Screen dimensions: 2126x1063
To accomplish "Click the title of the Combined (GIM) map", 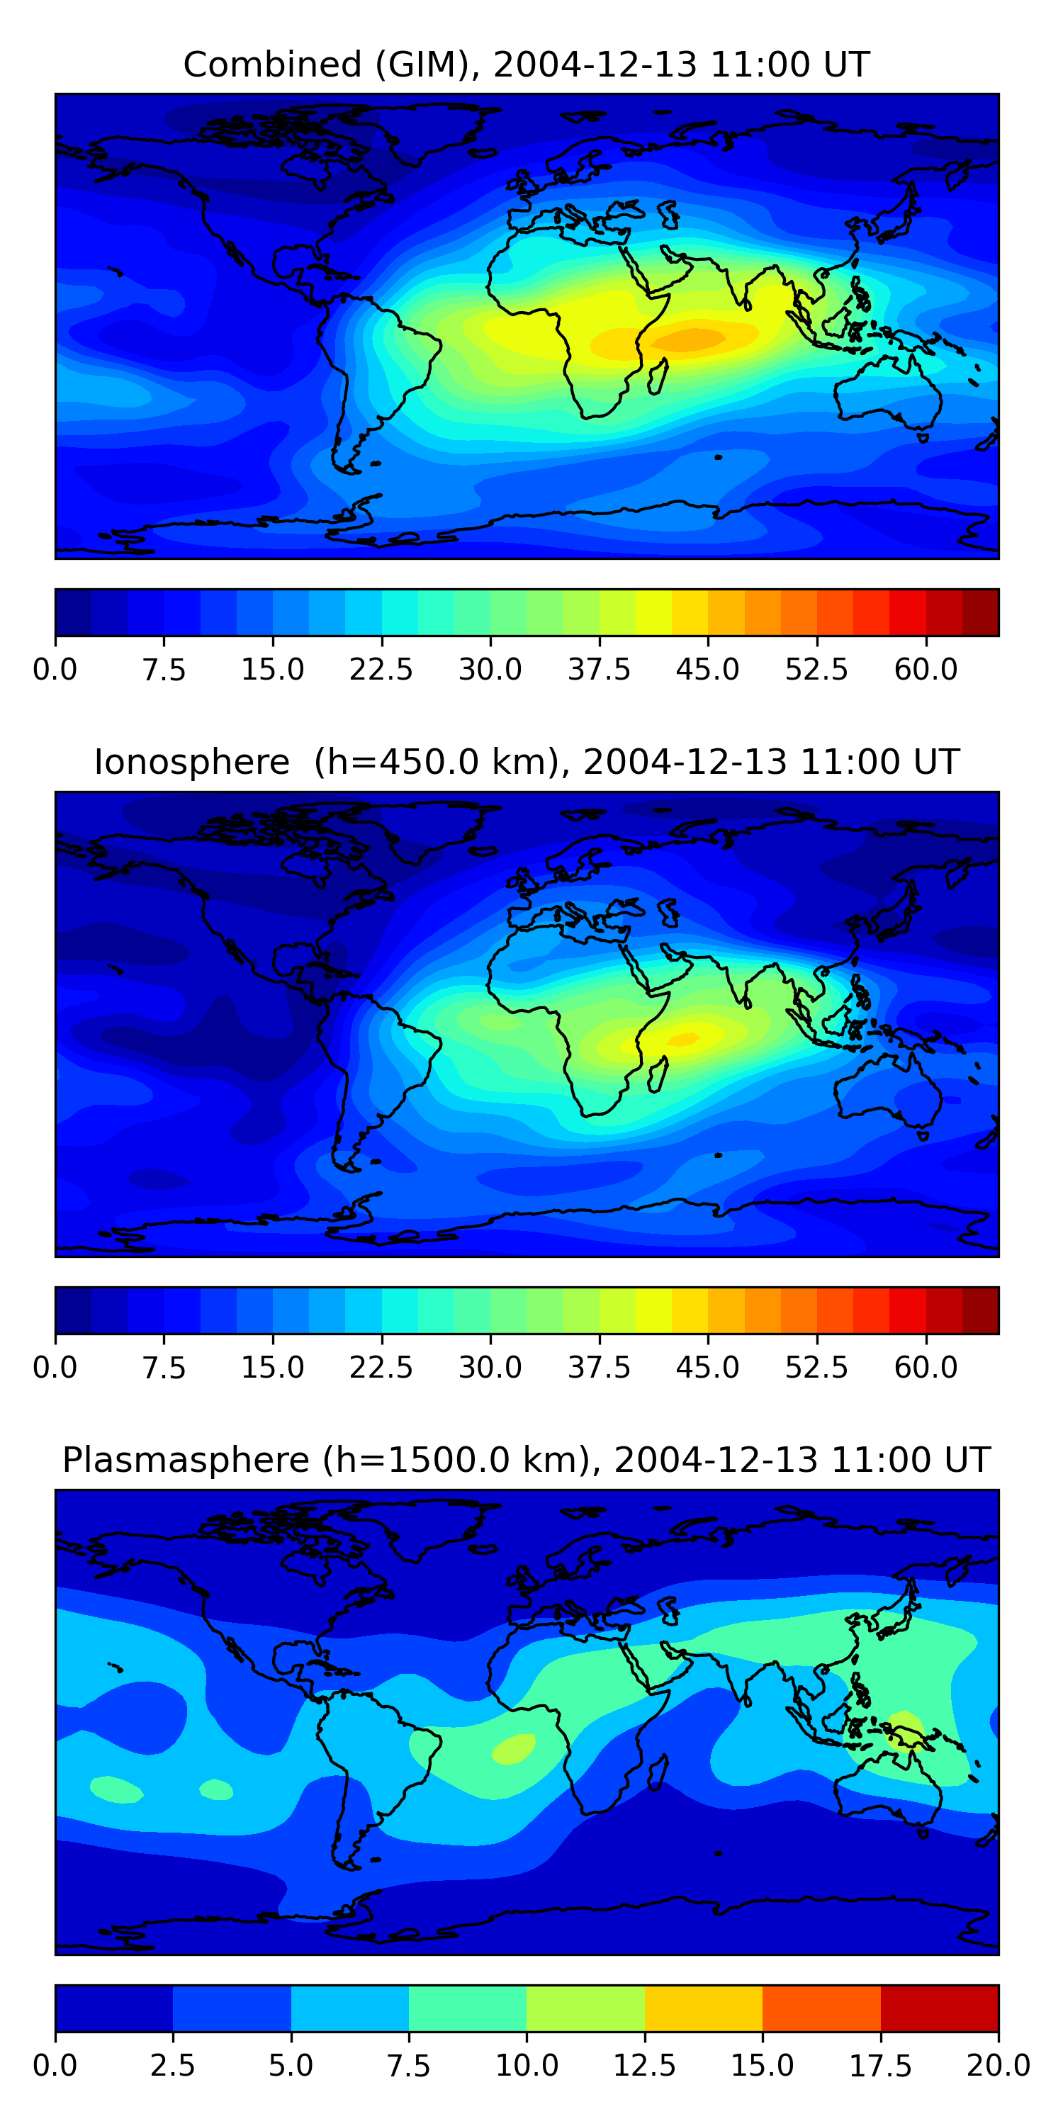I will tap(527, 64).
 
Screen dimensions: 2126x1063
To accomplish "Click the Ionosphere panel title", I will tap(527, 762).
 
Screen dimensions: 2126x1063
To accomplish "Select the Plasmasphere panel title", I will tap(527, 1460).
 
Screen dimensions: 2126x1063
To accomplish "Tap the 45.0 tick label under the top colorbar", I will tap(707, 669).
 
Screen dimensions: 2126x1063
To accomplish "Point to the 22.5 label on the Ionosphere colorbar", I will tap(381, 1368).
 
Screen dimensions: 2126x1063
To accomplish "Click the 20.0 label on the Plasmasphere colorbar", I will tap(998, 2066).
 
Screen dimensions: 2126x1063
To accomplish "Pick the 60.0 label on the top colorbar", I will tap(926, 669).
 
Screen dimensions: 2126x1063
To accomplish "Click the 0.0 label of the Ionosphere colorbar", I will tap(55, 1368).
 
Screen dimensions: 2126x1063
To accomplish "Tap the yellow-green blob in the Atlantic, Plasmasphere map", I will tap(513, 1748).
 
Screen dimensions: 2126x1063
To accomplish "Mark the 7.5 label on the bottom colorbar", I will tap(408, 2066).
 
